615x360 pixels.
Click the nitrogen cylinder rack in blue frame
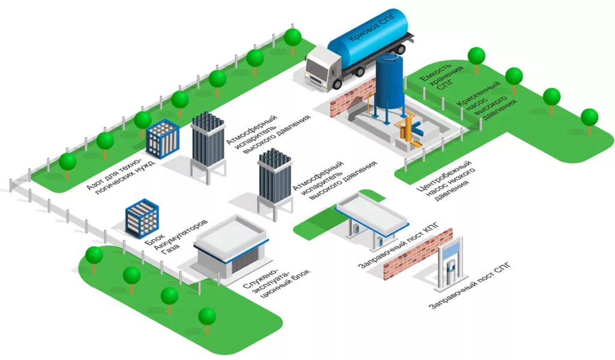click(x=163, y=139)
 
